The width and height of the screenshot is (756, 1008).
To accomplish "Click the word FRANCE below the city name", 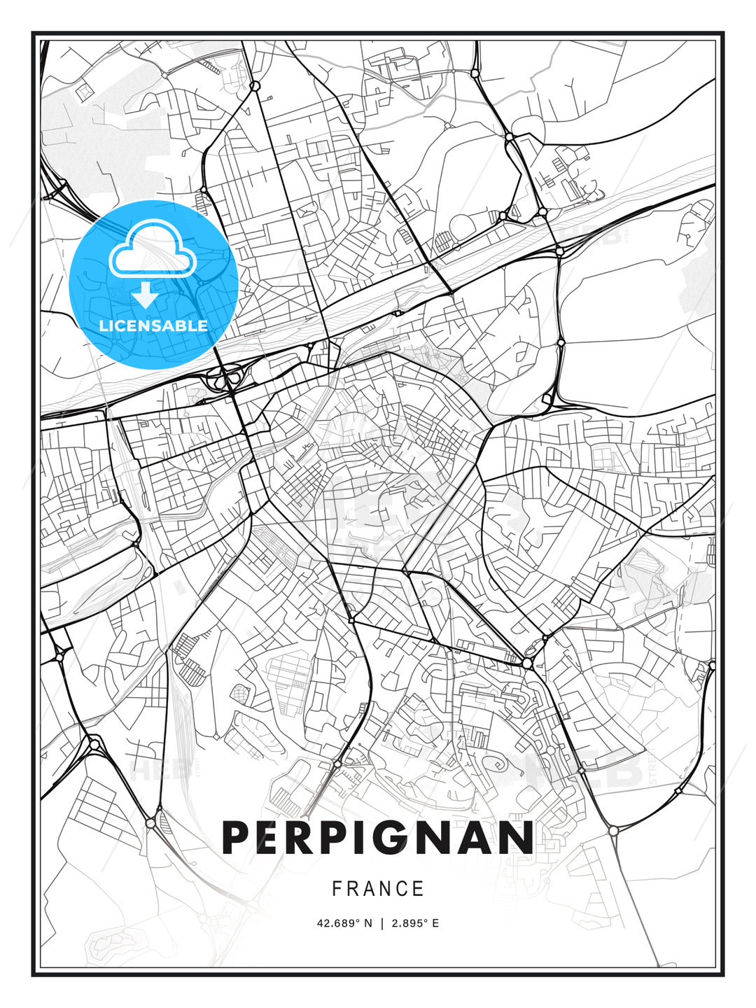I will [x=378, y=888].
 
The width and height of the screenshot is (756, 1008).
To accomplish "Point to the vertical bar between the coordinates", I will [x=381, y=923].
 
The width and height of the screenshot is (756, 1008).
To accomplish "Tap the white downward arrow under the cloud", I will [x=146, y=295].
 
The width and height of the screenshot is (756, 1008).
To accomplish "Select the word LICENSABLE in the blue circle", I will [x=153, y=325].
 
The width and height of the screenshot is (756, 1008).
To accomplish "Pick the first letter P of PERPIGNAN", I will [x=236, y=837].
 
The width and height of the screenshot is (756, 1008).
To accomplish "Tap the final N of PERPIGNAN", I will [x=517, y=837].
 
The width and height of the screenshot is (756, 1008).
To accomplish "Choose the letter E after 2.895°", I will [x=435, y=923].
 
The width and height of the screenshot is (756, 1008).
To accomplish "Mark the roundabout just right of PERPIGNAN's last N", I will [x=613, y=830].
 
